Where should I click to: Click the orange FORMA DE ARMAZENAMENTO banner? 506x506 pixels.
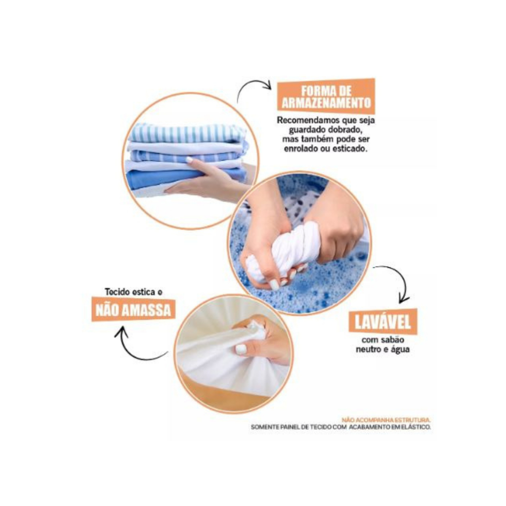tap(326, 96)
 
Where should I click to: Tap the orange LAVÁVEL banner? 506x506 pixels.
tap(383, 321)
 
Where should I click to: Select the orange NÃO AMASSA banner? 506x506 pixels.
tap(133, 310)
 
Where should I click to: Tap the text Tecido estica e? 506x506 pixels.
tap(133, 292)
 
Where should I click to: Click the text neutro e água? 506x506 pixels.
tap(383, 349)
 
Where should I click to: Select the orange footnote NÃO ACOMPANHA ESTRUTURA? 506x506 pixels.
tap(386, 420)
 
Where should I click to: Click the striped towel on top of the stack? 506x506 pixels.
tap(187, 133)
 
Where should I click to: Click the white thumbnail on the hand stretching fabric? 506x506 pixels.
tap(241, 349)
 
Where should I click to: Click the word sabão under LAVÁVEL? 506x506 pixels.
tap(393, 339)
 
